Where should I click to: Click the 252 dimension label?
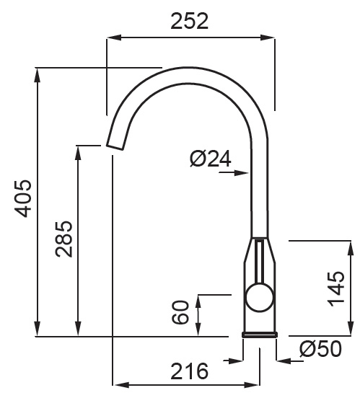pos(190,21)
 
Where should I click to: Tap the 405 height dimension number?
pos(23,198)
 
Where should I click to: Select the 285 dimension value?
pos(63,239)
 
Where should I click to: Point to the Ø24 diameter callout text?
pos(211,159)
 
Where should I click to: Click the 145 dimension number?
pos(335,288)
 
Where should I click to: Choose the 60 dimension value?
pos(180,312)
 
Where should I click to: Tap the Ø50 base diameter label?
pos(320,349)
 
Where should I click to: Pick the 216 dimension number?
pos(189,371)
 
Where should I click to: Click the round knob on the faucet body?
pos(260,298)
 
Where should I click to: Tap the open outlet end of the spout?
pos(115,147)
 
